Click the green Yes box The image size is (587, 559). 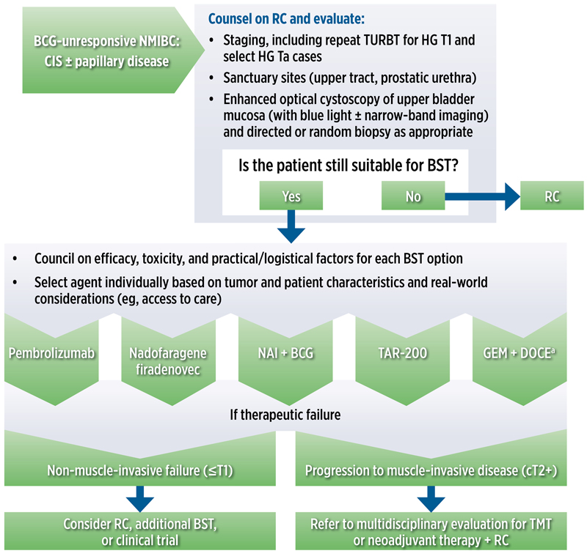tap(291, 197)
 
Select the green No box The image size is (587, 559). tap(413, 197)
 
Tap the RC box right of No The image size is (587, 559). tap(551, 197)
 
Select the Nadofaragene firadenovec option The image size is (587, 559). tap(167, 358)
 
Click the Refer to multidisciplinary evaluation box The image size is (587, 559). tap(431, 532)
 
